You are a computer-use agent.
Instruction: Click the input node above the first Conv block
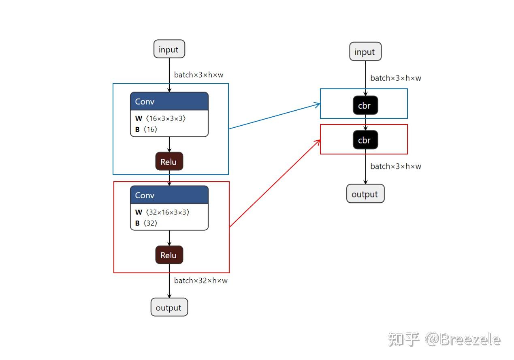pyautogui.click(x=169, y=49)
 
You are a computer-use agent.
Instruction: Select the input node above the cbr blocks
pyautogui.click(x=365, y=51)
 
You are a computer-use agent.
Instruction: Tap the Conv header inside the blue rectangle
pyautogui.click(x=169, y=101)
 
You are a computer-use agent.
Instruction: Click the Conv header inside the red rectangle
pyautogui.click(x=169, y=195)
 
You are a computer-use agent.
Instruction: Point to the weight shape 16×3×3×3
pyautogui.click(x=166, y=118)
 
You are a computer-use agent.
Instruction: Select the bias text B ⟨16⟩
pyautogui.click(x=146, y=129)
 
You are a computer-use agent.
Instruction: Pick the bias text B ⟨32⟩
pyautogui.click(x=146, y=223)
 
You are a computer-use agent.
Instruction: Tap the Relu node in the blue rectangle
pyautogui.click(x=169, y=161)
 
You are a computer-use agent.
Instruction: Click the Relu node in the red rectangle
pyautogui.click(x=169, y=255)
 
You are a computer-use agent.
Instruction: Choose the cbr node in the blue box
pyautogui.click(x=365, y=105)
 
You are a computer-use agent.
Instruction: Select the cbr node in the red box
pyautogui.click(x=365, y=140)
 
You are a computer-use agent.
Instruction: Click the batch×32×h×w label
pyautogui.click(x=200, y=281)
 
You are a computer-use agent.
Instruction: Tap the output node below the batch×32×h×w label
pyautogui.click(x=169, y=307)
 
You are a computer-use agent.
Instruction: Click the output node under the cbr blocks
pyautogui.click(x=365, y=194)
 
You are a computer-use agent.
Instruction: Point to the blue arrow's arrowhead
pyautogui.click(x=318, y=105)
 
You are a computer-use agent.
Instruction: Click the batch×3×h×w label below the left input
pyautogui.click(x=198, y=75)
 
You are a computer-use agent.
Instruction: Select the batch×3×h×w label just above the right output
pyautogui.click(x=395, y=166)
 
